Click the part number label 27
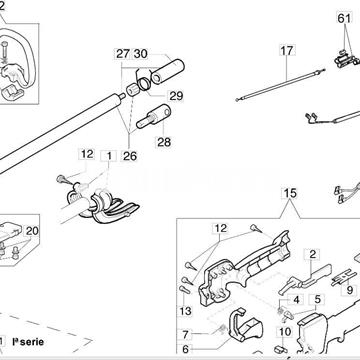pos(121,52)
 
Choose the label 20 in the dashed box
pos(32,229)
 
